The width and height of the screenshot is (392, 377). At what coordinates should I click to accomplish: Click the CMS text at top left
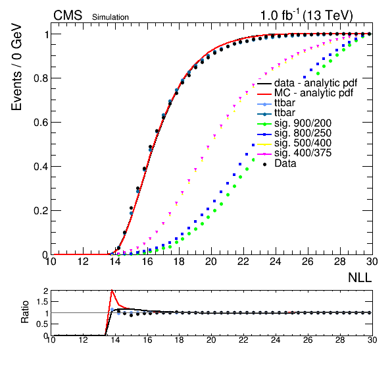point(68,15)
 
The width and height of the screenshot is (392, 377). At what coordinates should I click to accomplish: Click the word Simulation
point(110,17)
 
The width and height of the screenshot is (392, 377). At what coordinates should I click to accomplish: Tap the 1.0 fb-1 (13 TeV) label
point(306,15)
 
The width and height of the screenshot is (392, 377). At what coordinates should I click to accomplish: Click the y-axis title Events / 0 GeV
point(16,67)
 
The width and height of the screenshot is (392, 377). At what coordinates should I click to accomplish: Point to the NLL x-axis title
point(360,277)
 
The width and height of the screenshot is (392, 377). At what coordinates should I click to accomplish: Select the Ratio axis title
point(25,312)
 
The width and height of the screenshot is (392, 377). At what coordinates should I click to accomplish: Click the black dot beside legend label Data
point(264,164)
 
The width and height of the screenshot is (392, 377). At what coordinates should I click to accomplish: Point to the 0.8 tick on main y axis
point(41,78)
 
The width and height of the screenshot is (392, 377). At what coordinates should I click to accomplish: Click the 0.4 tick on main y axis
point(41,167)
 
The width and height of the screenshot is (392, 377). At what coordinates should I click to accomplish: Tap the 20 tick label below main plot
point(210,262)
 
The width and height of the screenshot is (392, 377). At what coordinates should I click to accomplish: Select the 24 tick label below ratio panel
point(276,340)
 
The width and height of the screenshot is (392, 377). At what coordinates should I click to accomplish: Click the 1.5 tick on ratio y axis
point(42,302)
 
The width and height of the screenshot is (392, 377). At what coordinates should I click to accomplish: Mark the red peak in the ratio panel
point(112,290)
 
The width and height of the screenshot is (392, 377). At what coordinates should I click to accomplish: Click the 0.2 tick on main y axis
point(41,211)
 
